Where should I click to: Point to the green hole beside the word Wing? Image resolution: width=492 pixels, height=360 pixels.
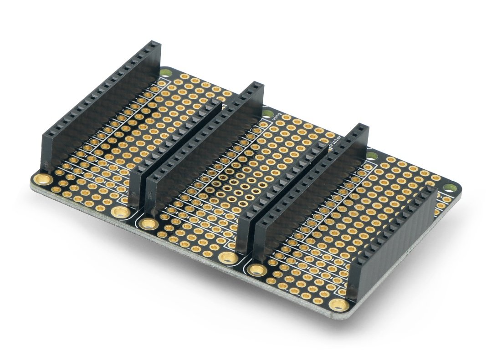[x=266, y=111]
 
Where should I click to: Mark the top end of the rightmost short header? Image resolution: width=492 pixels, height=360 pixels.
[x=430, y=191]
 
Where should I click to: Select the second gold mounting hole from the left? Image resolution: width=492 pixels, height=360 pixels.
[x=119, y=212]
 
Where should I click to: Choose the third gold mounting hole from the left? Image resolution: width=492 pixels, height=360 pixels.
[x=148, y=223]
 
